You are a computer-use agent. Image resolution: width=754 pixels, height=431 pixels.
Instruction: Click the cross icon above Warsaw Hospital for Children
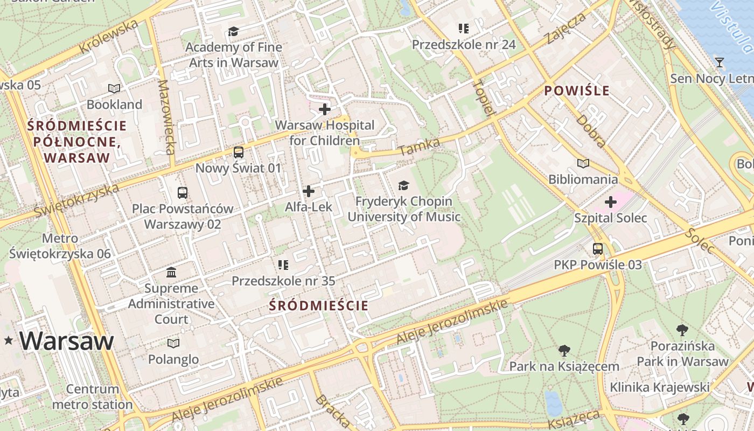(x=324, y=109)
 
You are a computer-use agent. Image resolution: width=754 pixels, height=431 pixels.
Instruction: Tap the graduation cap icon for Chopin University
(x=403, y=186)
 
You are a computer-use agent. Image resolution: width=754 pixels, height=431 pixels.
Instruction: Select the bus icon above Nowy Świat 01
(x=239, y=152)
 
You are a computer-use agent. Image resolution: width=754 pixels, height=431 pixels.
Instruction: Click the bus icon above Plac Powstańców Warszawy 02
(x=183, y=193)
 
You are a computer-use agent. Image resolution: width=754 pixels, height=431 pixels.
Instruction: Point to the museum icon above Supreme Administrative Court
(x=171, y=272)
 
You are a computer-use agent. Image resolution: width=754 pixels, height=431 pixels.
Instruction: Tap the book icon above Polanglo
(x=173, y=343)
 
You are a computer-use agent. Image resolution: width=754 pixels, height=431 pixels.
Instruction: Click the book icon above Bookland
(x=114, y=88)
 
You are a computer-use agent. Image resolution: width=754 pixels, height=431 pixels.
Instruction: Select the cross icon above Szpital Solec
(x=610, y=203)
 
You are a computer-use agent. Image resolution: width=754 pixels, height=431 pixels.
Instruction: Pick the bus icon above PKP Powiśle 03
(x=598, y=249)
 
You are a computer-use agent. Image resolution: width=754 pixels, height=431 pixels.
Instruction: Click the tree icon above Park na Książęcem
(x=564, y=351)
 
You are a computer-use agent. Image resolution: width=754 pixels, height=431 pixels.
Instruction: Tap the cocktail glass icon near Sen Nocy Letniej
(x=719, y=62)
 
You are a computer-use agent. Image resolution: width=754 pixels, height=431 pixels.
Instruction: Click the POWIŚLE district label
(x=576, y=91)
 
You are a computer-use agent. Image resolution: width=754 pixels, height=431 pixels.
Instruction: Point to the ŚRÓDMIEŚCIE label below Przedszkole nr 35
(x=319, y=306)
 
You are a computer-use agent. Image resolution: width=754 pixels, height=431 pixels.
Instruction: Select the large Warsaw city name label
(x=67, y=341)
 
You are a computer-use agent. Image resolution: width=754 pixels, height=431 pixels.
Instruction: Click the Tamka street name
(x=420, y=147)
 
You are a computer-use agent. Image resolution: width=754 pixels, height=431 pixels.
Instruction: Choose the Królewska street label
(x=109, y=37)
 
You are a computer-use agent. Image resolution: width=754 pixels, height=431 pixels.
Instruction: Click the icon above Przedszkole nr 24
(x=463, y=29)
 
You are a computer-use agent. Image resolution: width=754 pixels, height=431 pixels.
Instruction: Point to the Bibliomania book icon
(x=583, y=163)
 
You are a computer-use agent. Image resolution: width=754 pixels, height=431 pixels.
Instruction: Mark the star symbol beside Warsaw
(x=8, y=340)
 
